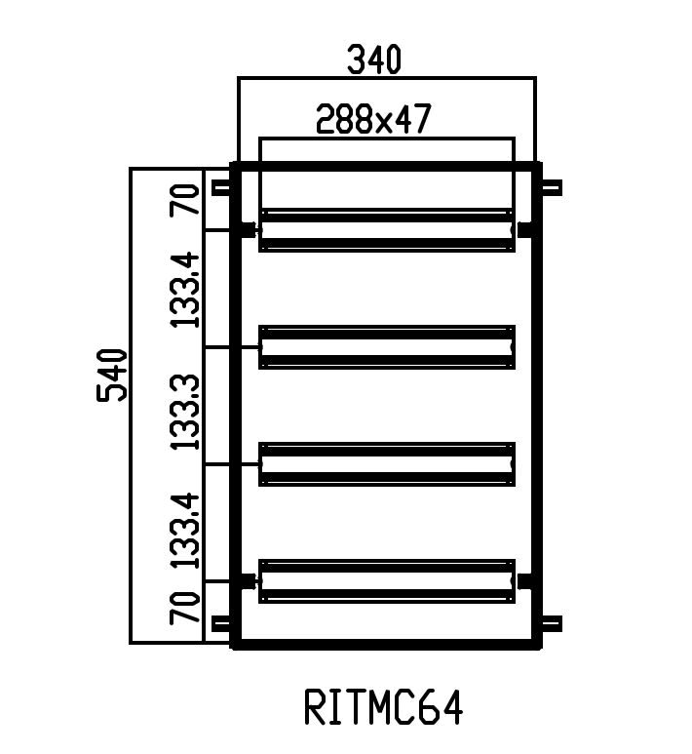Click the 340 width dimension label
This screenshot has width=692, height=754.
(374, 60)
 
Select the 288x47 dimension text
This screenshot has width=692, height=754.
(373, 119)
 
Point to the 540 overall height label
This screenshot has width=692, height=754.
(113, 374)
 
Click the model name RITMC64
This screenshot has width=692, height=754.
(383, 708)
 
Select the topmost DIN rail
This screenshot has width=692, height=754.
(386, 230)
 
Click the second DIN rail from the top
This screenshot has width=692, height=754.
(386, 347)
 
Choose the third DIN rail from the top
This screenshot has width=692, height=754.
(386, 464)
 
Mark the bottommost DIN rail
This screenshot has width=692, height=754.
(386, 581)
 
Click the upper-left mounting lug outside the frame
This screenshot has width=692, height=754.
(220, 188)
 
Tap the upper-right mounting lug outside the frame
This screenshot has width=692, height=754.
(551, 188)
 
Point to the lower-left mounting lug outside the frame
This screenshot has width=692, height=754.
(220, 623)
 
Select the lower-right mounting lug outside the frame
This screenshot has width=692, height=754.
(551, 623)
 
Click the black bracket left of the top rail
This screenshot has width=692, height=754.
(247, 230)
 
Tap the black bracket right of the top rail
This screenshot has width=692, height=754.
(525, 230)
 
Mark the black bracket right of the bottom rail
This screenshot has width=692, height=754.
(525, 581)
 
